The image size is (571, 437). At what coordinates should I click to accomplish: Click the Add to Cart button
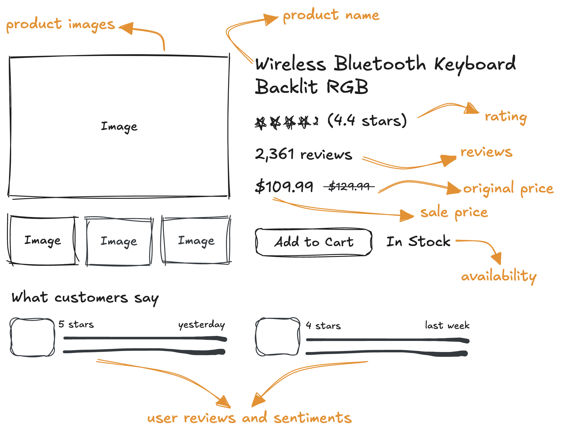tap(314, 242)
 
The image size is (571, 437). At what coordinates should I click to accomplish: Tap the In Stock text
tap(418, 241)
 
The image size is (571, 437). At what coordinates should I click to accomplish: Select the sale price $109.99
tap(284, 186)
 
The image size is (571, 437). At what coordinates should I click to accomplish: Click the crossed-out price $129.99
tap(349, 186)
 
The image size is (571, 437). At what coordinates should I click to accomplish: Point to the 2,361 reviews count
tap(304, 154)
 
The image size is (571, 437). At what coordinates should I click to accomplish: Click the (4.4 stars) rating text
tap(367, 120)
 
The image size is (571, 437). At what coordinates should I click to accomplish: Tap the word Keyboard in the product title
tap(475, 64)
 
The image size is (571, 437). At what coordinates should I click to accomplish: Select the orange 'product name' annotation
tap(331, 15)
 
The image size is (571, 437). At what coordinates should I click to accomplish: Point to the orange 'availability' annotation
tap(499, 276)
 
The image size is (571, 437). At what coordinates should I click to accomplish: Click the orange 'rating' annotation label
tap(506, 117)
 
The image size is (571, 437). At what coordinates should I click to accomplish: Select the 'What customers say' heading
tap(85, 298)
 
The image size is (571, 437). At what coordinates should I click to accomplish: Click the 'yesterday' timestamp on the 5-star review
tap(202, 325)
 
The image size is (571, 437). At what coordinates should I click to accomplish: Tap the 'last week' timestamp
tap(447, 325)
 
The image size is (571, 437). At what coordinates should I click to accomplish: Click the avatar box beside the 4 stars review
tap(278, 337)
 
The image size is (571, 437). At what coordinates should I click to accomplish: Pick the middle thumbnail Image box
tap(119, 241)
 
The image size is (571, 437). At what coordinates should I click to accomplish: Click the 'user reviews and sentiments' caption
tap(249, 417)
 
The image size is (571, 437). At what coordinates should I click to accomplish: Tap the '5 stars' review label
tap(76, 324)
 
